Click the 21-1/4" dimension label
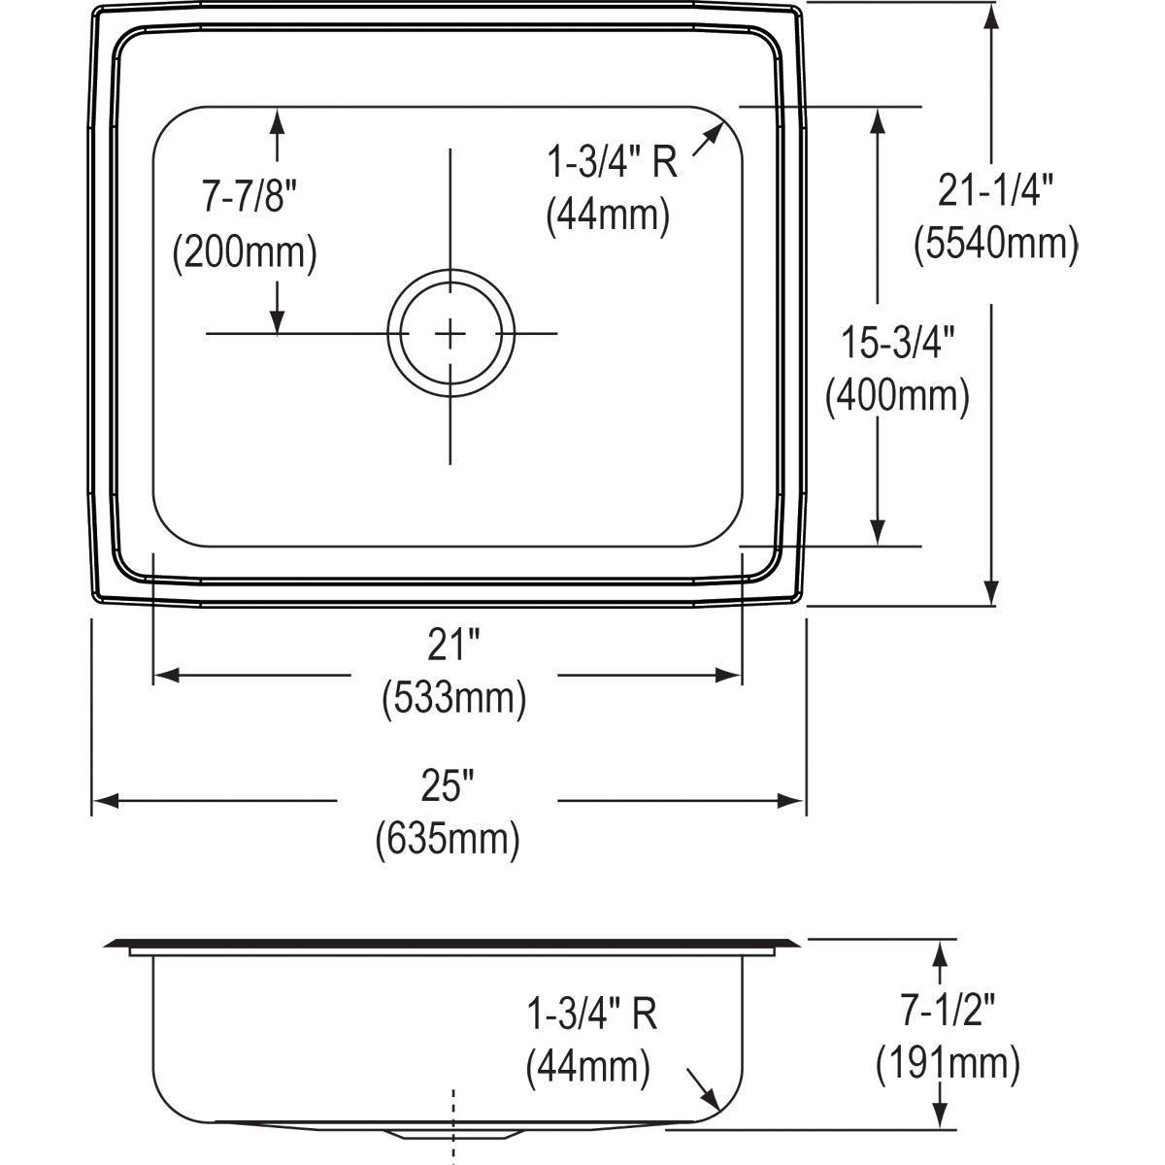[x=995, y=191]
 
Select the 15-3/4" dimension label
[x=898, y=344]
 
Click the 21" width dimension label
[x=452, y=644]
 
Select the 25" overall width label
[x=448, y=784]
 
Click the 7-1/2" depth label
[x=948, y=1013]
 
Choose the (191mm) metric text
[x=948, y=1065]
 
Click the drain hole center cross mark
[x=450, y=333]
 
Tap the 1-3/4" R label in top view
[x=612, y=163]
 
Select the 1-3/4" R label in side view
[x=591, y=1015]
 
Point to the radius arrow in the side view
[x=703, y=1088]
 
